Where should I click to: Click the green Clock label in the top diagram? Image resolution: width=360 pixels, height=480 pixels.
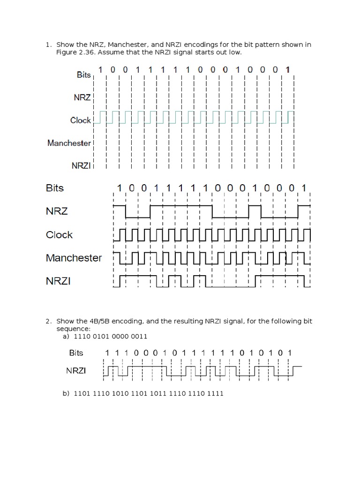[x=80, y=120]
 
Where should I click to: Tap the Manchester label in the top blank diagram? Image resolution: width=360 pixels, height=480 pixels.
[x=69, y=143]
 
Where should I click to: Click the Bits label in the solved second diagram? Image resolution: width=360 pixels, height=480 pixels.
[x=55, y=188]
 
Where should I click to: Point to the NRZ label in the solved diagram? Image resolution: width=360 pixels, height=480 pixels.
[x=57, y=211]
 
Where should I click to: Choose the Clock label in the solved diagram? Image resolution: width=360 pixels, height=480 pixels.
[x=59, y=235]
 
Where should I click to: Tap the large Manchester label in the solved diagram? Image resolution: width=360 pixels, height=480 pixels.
[x=74, y=258]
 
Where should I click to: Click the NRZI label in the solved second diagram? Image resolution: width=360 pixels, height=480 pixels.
[x=58, y=281]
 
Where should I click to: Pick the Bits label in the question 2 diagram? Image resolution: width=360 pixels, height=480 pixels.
[x=79, y=353]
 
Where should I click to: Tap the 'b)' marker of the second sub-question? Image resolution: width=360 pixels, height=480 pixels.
[x=66, y=393]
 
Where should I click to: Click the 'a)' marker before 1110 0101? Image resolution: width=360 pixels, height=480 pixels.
[x=66, y=337]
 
